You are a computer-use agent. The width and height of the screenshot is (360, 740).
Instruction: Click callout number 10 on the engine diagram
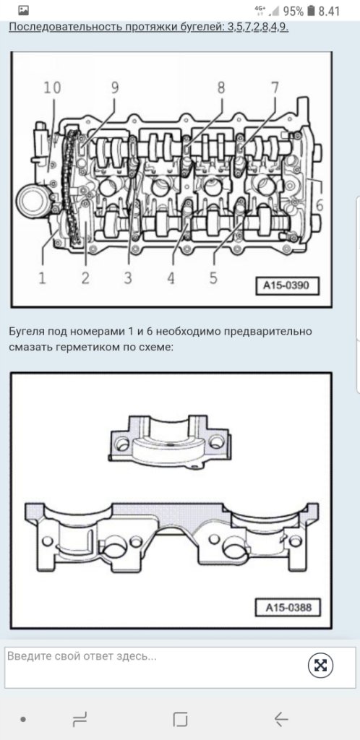(52, 88)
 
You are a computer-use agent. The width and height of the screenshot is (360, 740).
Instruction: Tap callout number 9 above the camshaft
(115, 87)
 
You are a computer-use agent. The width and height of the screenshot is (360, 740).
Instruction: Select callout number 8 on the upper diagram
(220, 87)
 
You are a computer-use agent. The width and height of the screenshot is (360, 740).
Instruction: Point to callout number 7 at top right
(275, 87)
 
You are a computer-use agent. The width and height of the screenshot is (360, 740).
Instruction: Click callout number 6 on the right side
(320, 205)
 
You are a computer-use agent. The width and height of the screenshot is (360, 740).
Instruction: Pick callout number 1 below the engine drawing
(43, 277)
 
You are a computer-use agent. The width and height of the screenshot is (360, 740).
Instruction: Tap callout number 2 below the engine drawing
(85, 277)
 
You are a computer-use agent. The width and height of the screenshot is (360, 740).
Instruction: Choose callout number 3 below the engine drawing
(128, 277)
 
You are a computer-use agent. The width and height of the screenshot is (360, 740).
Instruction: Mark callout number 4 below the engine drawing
(171, 277)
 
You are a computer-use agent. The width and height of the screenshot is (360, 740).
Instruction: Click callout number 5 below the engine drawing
(213, 277)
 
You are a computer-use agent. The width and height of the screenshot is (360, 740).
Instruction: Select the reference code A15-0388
(288, 607)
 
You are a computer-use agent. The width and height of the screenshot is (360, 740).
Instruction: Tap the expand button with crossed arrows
(320, 666)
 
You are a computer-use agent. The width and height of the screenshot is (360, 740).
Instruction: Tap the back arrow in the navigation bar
(281, 719)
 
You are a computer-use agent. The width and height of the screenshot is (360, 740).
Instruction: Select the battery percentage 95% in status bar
(293, 11)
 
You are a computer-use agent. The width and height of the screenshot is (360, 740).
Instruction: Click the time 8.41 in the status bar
(329, 11)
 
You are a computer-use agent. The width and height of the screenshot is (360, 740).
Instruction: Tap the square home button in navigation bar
(180, 719)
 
